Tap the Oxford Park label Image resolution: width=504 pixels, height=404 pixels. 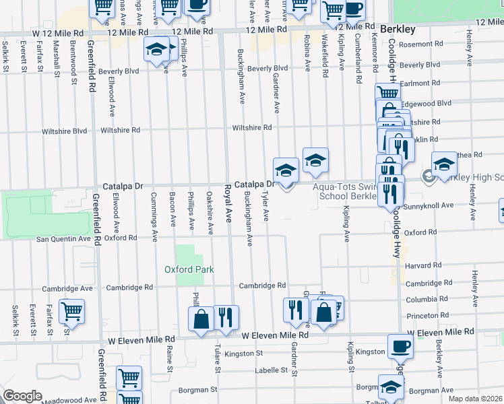tap(189, 269)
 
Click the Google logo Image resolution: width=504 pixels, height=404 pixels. tap(22, 396)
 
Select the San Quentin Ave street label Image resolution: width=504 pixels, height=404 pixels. tap(63, 238)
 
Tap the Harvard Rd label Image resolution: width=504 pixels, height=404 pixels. tap(423, 265)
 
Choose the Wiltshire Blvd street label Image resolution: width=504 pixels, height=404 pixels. tap(66, 131)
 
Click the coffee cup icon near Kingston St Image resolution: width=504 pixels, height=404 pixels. tap(400, 346)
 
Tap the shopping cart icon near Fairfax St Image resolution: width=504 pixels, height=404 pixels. tap(71, 312)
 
